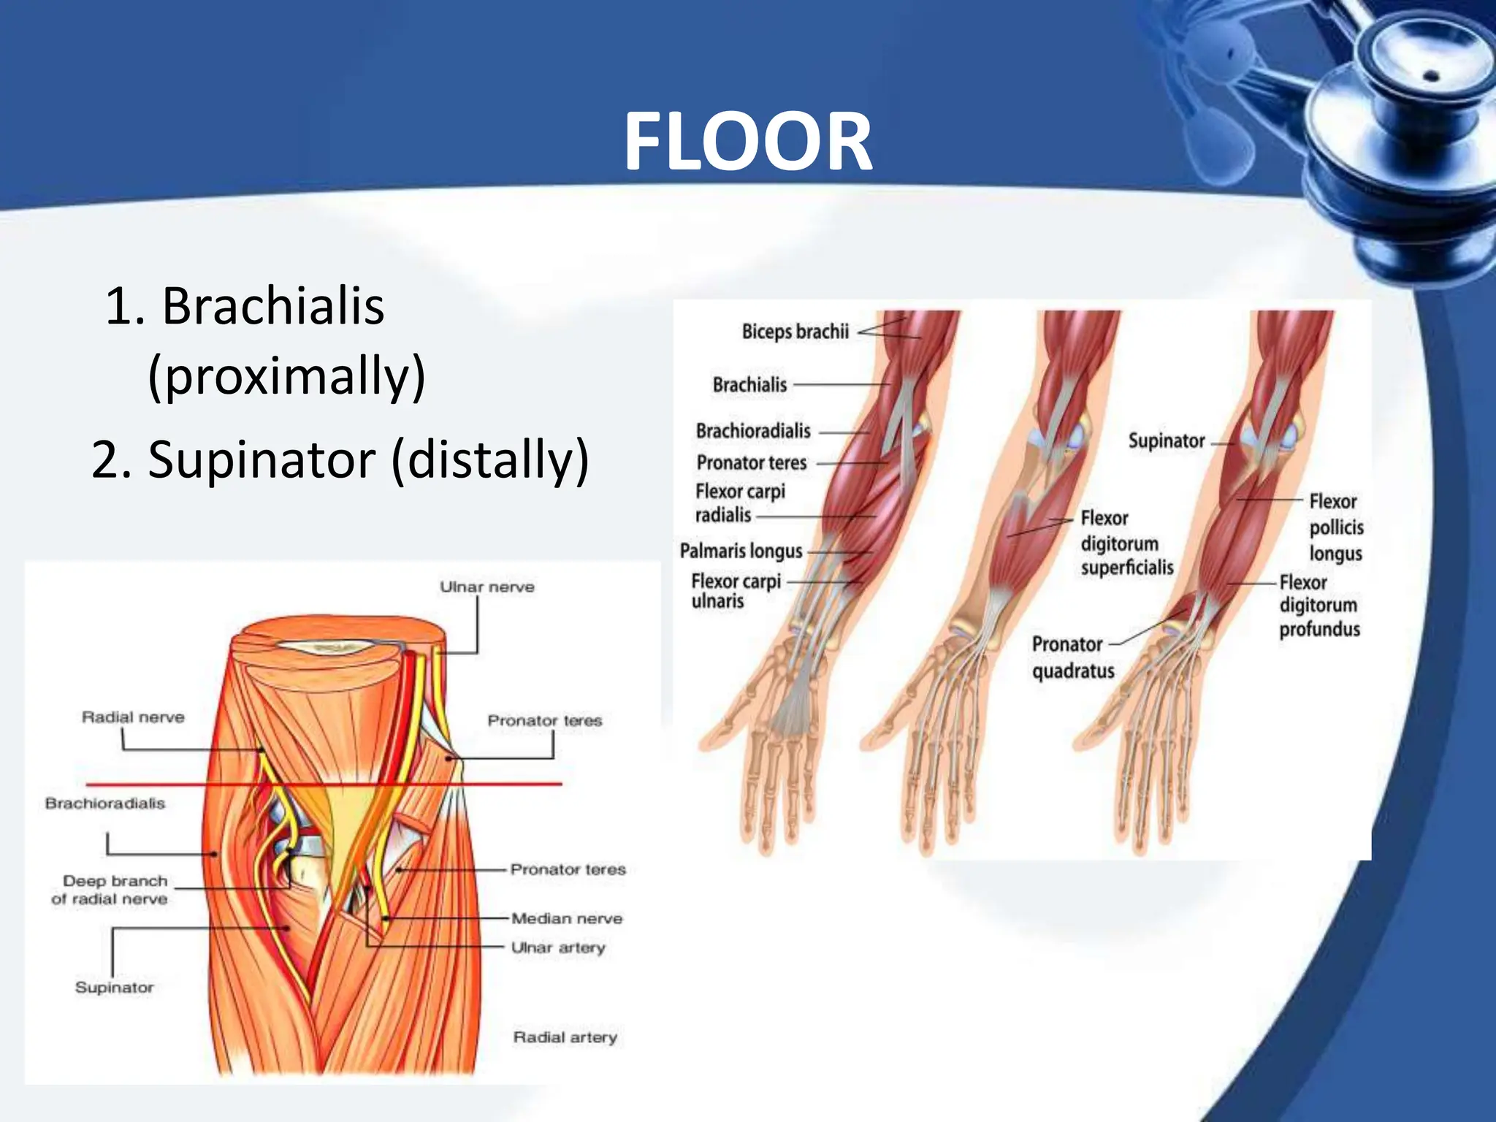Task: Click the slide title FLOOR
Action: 747,142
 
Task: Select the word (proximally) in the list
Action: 286,375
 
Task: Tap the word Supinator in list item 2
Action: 262,459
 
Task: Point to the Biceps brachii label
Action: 795,332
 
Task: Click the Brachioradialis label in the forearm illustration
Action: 752,431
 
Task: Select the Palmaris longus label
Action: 741,550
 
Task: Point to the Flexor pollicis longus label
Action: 1335,527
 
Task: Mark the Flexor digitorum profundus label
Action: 1318,606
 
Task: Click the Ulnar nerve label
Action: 486,587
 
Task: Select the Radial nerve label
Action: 133,717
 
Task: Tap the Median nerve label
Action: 567,918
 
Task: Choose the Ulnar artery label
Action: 558,947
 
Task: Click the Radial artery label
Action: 565,1037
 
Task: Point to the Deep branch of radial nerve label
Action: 111,890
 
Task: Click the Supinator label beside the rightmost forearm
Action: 1166,441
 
